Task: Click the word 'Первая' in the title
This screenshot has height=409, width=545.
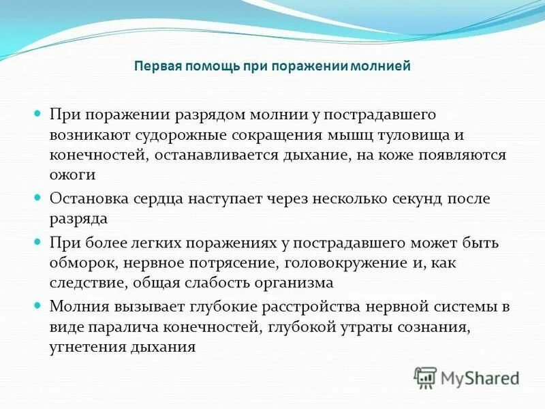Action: (154, 67)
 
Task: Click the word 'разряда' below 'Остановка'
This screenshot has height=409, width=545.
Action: (77, 219)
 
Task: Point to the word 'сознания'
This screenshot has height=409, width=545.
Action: (438, 328)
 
